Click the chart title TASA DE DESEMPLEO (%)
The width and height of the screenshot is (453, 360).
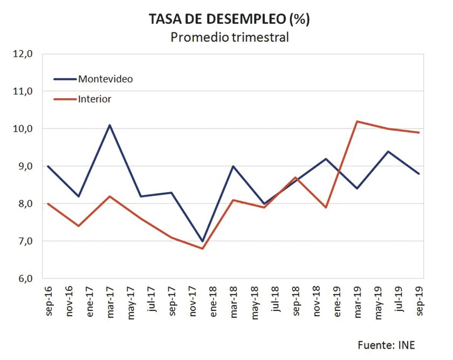230,19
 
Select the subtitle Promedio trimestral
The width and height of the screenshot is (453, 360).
230,37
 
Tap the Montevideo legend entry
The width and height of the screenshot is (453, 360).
105,79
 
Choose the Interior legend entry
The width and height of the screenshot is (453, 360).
94,99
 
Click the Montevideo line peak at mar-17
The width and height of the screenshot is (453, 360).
110,125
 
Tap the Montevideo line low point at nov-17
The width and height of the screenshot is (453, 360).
203,241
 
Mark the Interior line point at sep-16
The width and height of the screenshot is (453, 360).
48,203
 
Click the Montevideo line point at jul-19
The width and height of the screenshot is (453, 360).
399,152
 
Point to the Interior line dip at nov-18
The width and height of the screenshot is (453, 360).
326,207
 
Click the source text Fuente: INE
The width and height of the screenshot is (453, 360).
386,345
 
